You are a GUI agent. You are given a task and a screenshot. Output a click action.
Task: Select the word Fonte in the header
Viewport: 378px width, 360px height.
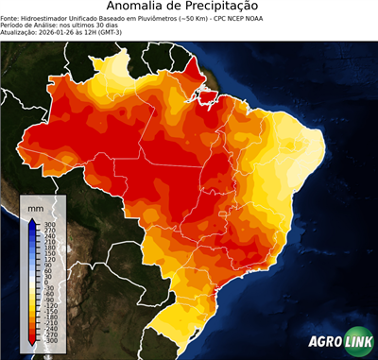click(10, 17)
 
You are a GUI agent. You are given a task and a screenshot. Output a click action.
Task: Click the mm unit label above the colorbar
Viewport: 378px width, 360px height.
click(36, 207)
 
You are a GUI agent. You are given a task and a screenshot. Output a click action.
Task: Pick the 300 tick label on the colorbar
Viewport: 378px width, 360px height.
click(48, 223)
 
